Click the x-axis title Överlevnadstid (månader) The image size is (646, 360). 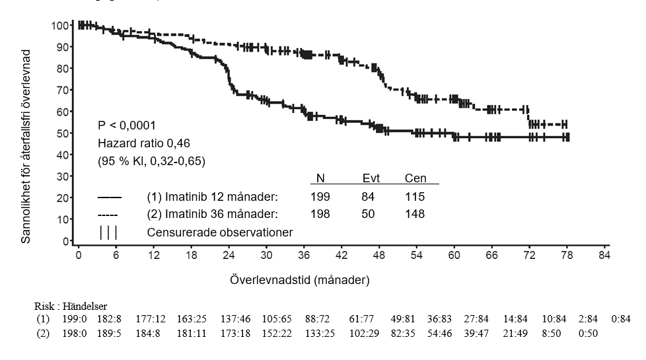pyautogui.click(x=300, y=279)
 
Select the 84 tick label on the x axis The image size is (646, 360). pyautogui.click(x=602, y=256)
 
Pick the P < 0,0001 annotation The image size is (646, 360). pyautogui.click(x=127, y=125)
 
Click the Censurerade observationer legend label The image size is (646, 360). pyautogui.click(x=219, y=232)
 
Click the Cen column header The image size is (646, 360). pyautogui.click(x=415, y=178)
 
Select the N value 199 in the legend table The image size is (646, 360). pyautogui.click(x=320, y=197)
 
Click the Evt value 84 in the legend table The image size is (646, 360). pyautogui.click(x=368, y=197)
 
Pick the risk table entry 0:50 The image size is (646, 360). pyautogui.click(x=588, y=334)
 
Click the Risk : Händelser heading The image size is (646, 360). pyautogui.click(x=71, y=306)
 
